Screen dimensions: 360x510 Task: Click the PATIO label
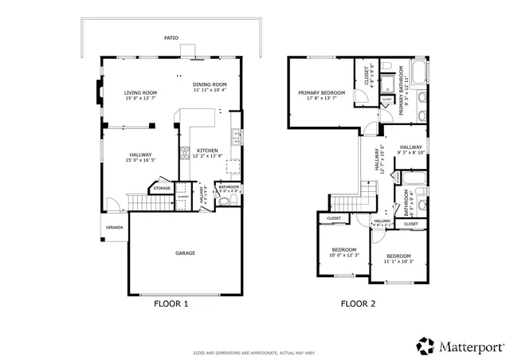(171, 37)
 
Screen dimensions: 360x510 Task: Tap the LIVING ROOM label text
(139, 93)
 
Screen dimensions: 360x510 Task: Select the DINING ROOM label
(210, 84)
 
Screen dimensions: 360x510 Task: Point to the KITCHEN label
(208, 150)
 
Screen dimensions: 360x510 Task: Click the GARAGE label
(185, 253)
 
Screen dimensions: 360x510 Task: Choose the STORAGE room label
(163, 189)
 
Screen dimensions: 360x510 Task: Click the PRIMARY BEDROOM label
(321, 93)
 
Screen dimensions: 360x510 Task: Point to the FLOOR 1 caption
(171, 303)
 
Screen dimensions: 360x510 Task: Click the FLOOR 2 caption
(358, 303)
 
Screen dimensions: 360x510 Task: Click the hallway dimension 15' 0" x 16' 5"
(139, 160)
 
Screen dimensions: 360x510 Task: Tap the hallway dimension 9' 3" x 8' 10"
(411, 152)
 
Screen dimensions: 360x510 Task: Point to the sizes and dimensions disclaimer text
(255, 353)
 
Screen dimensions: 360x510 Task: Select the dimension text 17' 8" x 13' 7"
(321, 99)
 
